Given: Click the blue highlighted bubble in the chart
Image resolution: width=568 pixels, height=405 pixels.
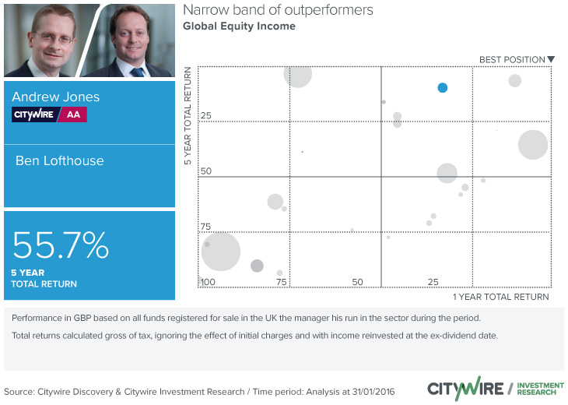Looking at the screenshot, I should point(442,87).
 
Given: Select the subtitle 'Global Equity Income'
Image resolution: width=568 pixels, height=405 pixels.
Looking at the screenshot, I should point(239,26).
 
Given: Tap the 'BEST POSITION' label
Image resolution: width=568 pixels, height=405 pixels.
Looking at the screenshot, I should point(511,59).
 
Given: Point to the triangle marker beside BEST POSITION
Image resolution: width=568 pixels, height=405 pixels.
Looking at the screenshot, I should point(551,59).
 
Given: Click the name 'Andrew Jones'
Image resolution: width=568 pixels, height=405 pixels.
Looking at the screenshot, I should point(56,97).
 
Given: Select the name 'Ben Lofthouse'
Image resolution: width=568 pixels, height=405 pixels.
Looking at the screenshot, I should point(60,160).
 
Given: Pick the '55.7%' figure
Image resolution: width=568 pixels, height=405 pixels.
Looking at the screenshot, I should point(61,246).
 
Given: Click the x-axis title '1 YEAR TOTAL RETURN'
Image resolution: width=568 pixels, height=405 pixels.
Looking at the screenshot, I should point(500,297).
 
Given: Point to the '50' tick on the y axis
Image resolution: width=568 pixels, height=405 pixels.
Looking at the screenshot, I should point(207,171).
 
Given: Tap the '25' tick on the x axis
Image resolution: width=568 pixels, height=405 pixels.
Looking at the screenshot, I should point(433,281).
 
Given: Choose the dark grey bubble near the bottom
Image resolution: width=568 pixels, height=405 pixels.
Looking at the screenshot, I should point(257,266).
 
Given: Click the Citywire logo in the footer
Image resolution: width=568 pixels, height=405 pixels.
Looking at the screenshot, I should point(464,388).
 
